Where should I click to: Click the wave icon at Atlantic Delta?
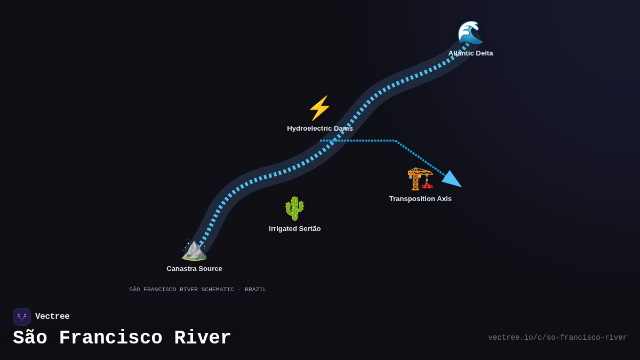[470, 33]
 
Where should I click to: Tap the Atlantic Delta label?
[470, 53]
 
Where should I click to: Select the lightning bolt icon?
[319, 108]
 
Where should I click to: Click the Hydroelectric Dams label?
[319, 129]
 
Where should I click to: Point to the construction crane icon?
[420, 179]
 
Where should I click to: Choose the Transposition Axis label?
[420, 199]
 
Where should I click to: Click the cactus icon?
[294, 208]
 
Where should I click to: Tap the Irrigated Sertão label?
[294, 229]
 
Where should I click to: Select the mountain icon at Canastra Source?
[194, 250]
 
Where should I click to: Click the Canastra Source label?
[194, 269]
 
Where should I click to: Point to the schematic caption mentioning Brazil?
[197, 290]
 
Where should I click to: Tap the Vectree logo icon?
[22, 317]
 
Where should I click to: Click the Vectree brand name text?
[52, 317]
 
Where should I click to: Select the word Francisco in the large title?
[110, 338]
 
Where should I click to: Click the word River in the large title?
[203, 338]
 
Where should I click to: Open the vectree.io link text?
[557, 338]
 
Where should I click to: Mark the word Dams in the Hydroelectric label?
[343, 129]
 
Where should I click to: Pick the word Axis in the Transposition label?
[444, 199]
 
